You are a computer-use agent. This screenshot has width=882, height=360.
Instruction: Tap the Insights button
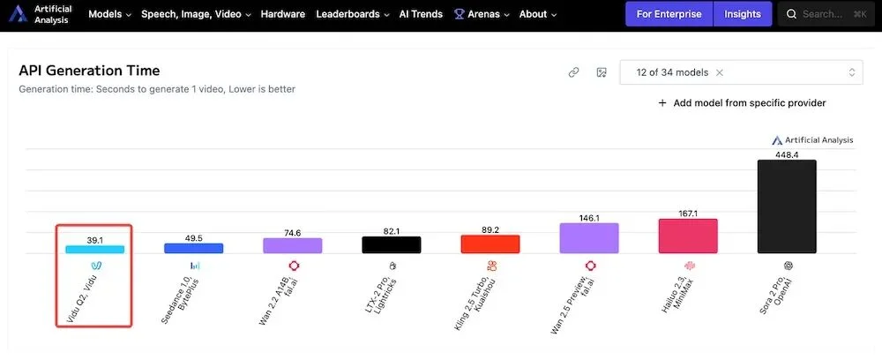[x=743, y=14]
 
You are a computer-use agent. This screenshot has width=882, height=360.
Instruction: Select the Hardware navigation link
[x=282, y=14]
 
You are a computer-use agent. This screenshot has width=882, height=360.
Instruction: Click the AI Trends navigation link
[x=421, y=14]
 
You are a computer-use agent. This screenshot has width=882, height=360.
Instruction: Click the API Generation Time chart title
[x=89, y=71]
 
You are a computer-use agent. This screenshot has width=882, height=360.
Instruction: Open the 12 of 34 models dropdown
[x=741, y=72]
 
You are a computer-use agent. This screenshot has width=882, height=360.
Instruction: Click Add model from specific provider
[x=742, y=103]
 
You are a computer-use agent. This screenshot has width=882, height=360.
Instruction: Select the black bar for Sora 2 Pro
[x=787, y=206]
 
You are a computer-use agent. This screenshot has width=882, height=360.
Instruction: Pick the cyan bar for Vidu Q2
[x=94, y=249]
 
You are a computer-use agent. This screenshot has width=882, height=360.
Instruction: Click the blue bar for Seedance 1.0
[x=193, y=248]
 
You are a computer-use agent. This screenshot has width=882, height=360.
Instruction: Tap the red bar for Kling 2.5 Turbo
[x=490, y=244]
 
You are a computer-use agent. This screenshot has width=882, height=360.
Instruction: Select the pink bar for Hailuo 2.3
[x=687, y=236]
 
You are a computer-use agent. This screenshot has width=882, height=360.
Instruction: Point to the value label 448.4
[x=787, y=154]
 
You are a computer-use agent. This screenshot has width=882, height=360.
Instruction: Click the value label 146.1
[x=588, y=217]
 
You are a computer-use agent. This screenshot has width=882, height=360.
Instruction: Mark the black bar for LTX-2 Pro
[x=391, y=244]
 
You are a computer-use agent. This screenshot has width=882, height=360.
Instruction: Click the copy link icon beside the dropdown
[x=573, y=72]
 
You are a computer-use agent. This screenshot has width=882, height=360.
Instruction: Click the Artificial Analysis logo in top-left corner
[x=40, y=14]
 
